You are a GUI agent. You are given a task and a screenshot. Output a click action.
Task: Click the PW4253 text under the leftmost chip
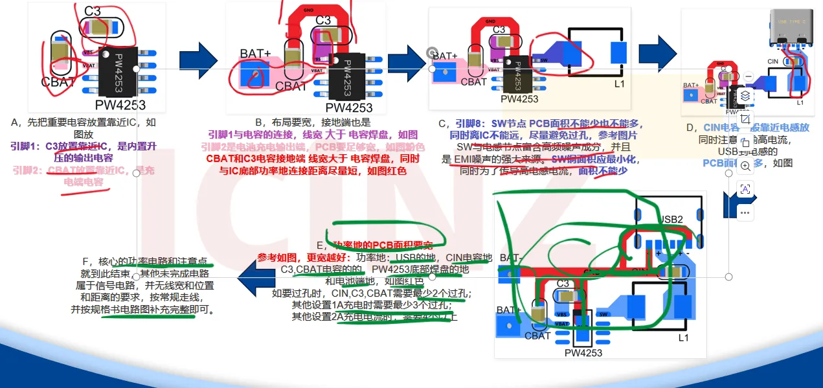[x=120, y=104]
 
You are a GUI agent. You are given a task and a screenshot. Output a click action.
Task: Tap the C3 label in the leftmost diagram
[x=93, y=12]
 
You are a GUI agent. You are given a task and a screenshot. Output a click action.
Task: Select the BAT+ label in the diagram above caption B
[x=255, y=53]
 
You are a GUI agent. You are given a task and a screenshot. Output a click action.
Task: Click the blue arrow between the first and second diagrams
[x=199, y=57]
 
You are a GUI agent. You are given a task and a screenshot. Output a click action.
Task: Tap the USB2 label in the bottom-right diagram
[x=671, y=220]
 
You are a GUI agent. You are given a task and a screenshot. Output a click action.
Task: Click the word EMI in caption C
[x=464, y=159]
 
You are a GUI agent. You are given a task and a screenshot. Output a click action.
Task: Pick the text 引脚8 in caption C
[x=468, y=124]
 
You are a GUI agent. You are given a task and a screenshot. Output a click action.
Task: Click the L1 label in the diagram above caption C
[x=619, y=84]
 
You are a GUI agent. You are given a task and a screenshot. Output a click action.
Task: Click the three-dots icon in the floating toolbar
[x=745, y=212]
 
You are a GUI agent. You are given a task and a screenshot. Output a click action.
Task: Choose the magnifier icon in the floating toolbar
[x=745, y=166]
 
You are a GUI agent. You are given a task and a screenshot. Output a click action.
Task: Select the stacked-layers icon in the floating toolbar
[x=745, y=96]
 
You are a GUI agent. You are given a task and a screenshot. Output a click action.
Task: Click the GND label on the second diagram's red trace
[x=309, y=11]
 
